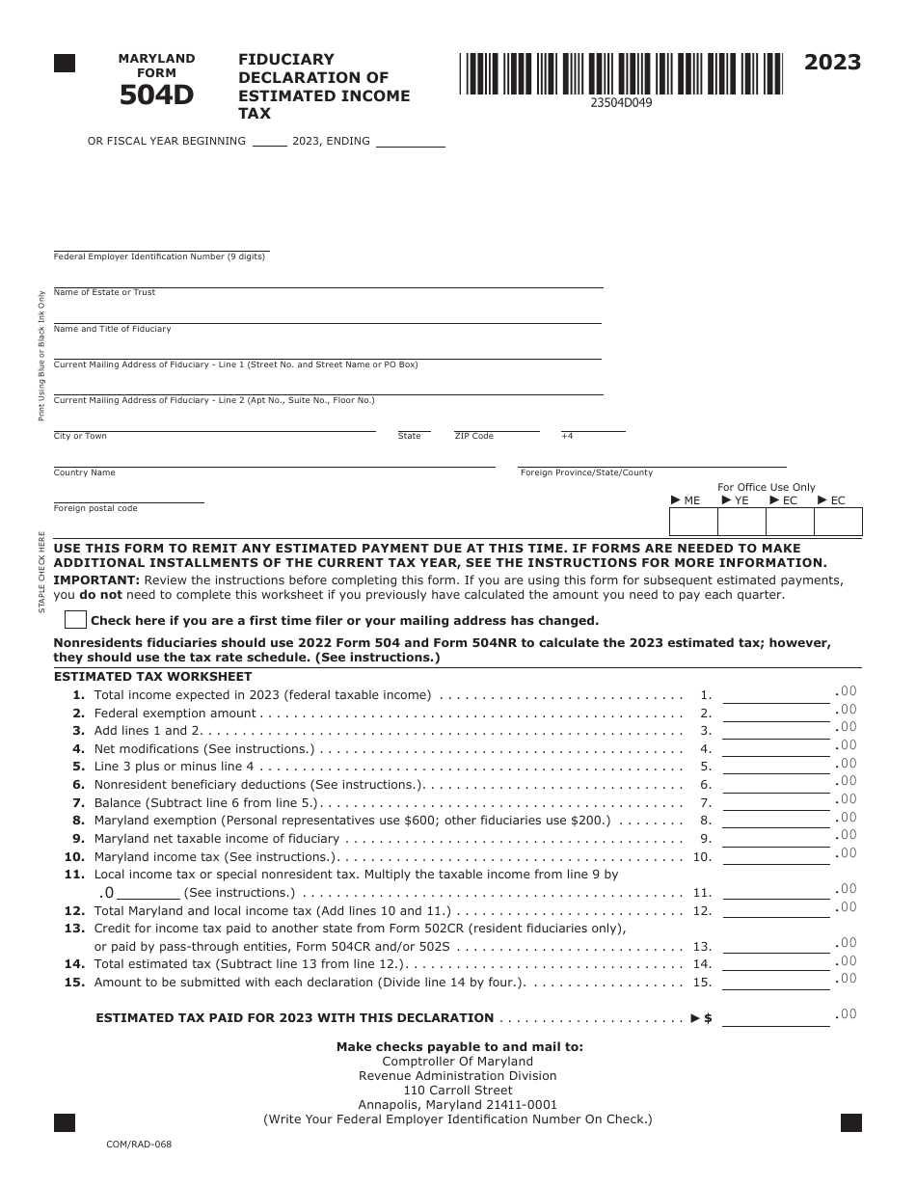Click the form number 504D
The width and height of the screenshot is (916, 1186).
pos(156,94)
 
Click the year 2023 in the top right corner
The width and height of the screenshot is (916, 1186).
pos(833,64)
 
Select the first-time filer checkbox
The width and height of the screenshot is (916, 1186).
pos(75,620)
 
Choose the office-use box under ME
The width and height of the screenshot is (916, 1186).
pos(693,522)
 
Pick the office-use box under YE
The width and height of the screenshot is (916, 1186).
pos(741,522)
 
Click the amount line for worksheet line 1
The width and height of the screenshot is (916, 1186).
pos(776,694)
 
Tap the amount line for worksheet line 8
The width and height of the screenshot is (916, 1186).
pos(776,821)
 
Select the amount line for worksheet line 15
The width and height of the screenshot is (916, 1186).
pos(776,983)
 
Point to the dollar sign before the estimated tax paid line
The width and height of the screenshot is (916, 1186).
pos(709,1018)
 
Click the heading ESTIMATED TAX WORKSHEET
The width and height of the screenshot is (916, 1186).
pos(139,677)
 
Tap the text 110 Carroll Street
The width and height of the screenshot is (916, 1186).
pos(458,1091)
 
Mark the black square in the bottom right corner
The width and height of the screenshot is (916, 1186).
pos(850,1122)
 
